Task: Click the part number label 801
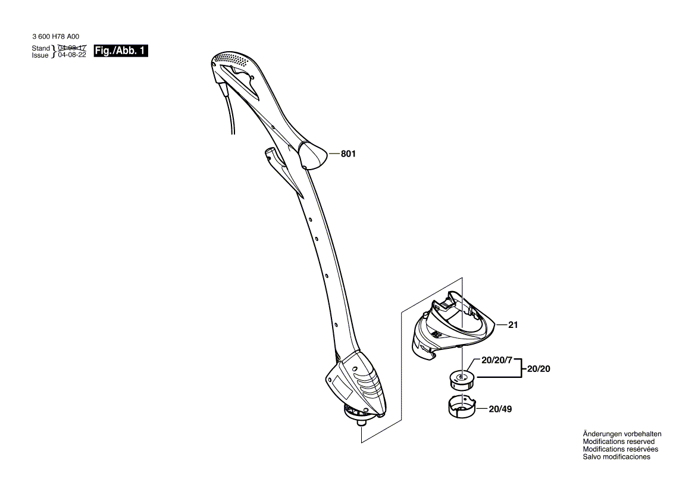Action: (x=348, y=154)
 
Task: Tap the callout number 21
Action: (x=513, y=325)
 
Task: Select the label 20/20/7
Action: (x=497, y=360)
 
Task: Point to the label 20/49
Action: (x=500, y=409)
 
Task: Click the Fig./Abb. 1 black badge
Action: (x=121, y=51)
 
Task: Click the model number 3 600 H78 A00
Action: (x=56, y=37)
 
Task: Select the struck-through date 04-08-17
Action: (x=72, y=48)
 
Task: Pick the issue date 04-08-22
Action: (x=72, y=55)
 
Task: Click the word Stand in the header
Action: (x=41, y=48)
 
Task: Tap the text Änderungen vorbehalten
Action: (x=622, y=434)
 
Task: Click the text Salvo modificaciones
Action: (x=616, y=456)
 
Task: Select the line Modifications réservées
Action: (x=621, y=449)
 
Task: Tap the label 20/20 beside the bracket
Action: (x=539, y=368)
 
